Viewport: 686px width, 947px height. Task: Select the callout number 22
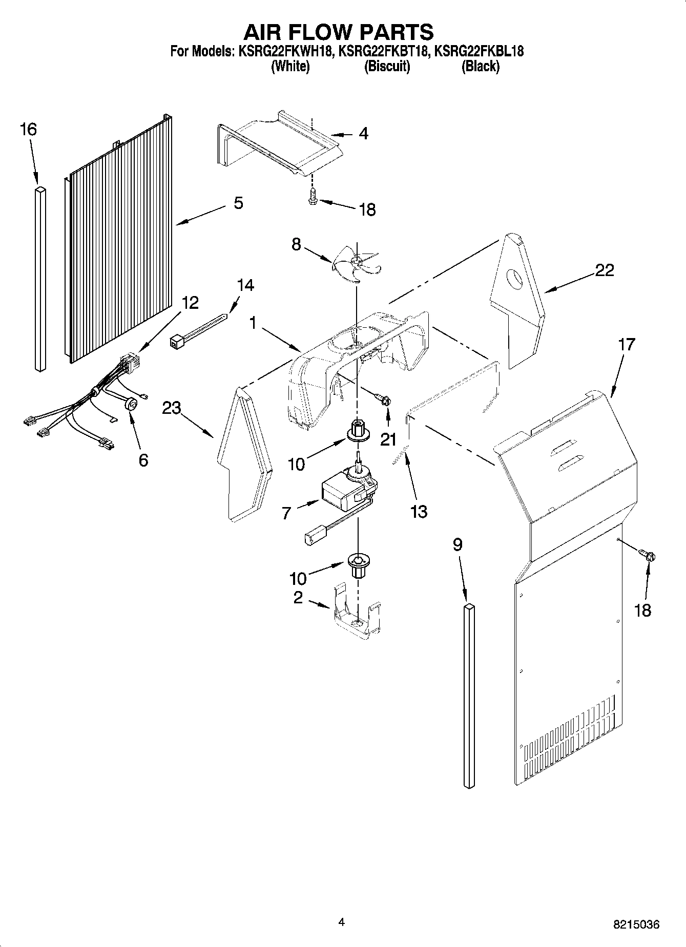[x=604, y=270]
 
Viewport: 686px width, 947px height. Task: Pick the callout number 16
[x=28, y=130]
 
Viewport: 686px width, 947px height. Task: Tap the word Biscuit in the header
[x=387, y=67]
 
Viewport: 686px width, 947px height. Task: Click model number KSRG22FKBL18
[x=479, y=51]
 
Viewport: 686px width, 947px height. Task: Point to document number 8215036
[x=636, y=925]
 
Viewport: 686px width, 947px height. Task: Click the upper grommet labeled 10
[x=357, y=430]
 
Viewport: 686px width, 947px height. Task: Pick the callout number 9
[x=458, y=545]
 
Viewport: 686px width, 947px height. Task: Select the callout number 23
[x=172, y=408]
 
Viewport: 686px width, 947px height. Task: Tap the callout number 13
[x=419, y=511]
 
